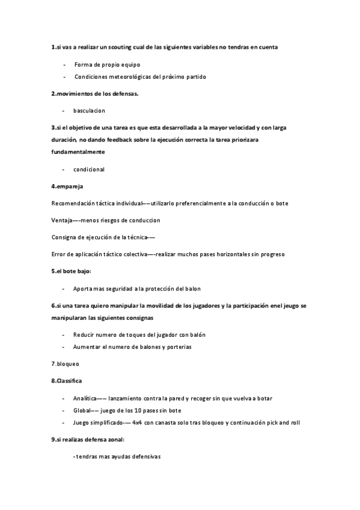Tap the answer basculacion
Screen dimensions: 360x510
89,111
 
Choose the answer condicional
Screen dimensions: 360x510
89,169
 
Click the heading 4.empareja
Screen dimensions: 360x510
67,186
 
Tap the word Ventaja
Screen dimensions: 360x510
62,220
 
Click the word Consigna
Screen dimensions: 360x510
64,237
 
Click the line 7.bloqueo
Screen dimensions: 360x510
66,364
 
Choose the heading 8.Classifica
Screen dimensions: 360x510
67,381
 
